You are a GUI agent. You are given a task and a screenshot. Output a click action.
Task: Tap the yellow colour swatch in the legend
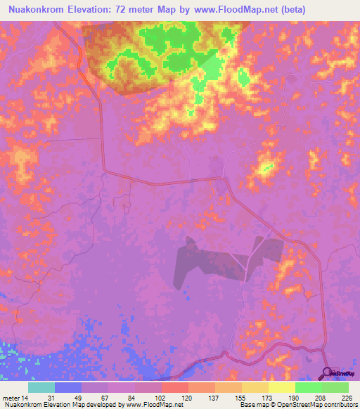coord(281,387)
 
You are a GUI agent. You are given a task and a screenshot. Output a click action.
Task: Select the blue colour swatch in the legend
coord(67,387)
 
